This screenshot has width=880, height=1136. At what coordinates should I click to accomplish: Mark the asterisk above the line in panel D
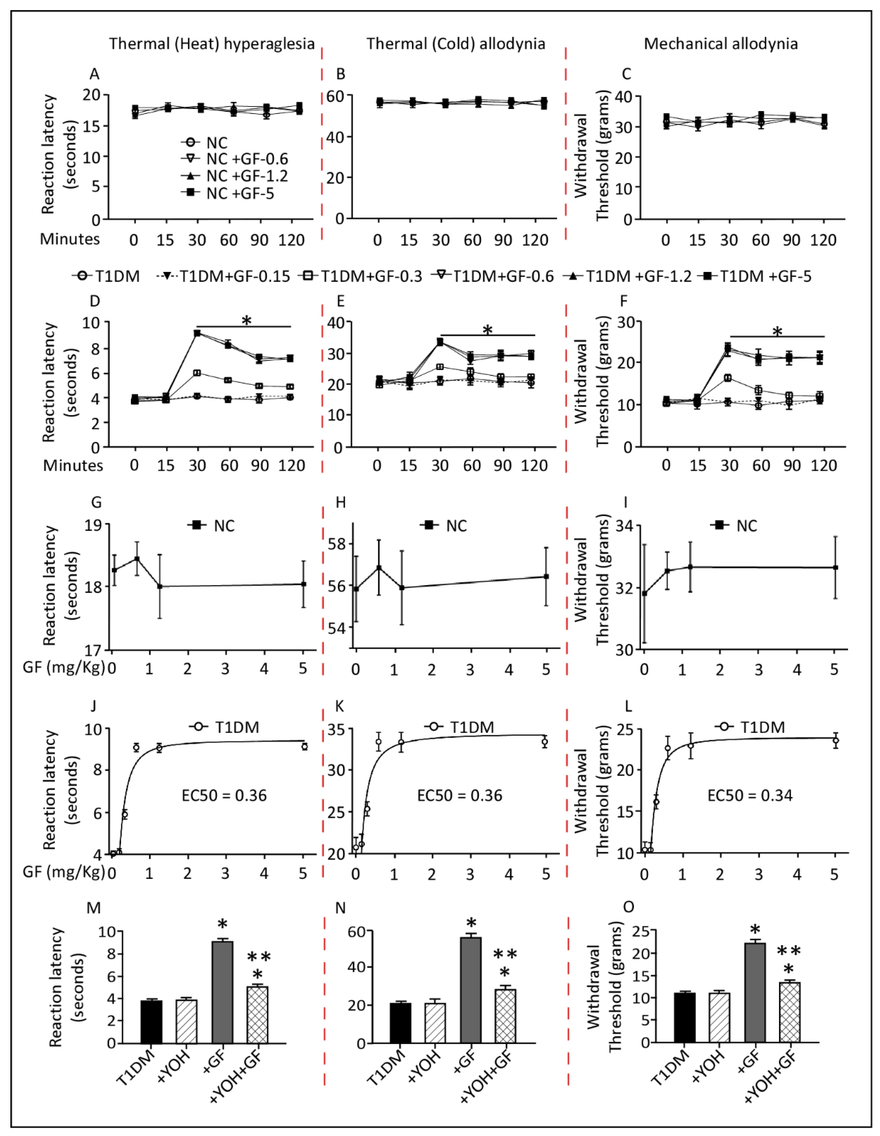point(246,321)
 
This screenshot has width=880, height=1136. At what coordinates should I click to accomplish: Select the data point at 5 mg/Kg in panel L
point(835,741)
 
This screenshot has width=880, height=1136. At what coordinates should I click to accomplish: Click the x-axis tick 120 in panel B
point(535,240)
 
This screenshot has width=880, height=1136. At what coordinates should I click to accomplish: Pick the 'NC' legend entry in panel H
point(456,526)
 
